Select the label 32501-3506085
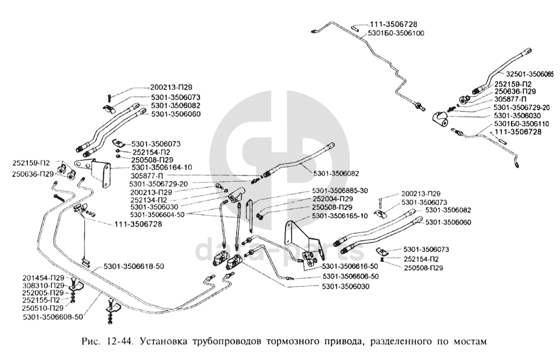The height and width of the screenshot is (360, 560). [525, 75]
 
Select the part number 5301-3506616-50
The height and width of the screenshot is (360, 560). [350, 266]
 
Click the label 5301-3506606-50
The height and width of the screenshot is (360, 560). [350, 276]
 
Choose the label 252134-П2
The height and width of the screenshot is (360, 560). [150, 199]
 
